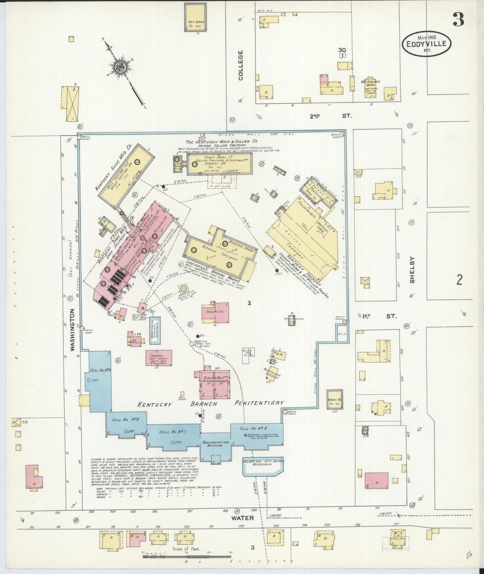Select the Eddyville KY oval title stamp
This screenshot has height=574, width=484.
point(426,44)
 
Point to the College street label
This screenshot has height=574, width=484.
point(240,65)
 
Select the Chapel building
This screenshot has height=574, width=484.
point(159,358)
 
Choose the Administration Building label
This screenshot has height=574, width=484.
point(215,444)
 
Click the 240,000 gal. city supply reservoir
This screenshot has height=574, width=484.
point(263,466)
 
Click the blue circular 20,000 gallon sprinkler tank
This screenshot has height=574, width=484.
point(183,288)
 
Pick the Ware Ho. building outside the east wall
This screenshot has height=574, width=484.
point(335,399)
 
